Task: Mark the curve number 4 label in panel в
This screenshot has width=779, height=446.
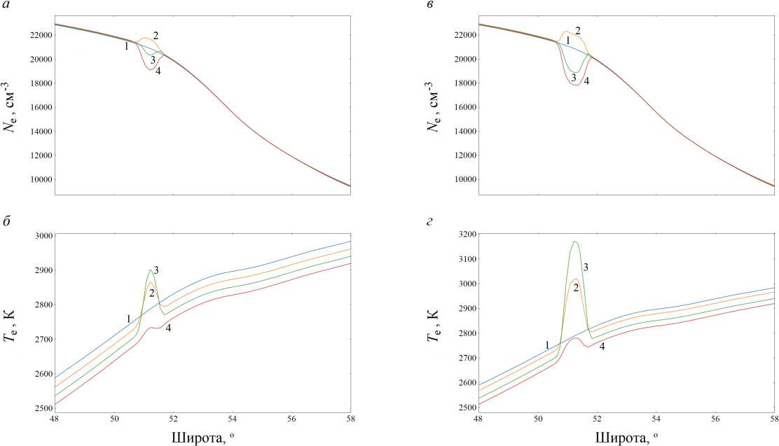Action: pyautogui.click(x=586, y=81)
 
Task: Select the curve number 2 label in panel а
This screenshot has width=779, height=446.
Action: pyautogui.click(x=156, y=35)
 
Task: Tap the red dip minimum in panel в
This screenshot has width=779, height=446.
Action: pyautogui.click(x=576, y=85)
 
